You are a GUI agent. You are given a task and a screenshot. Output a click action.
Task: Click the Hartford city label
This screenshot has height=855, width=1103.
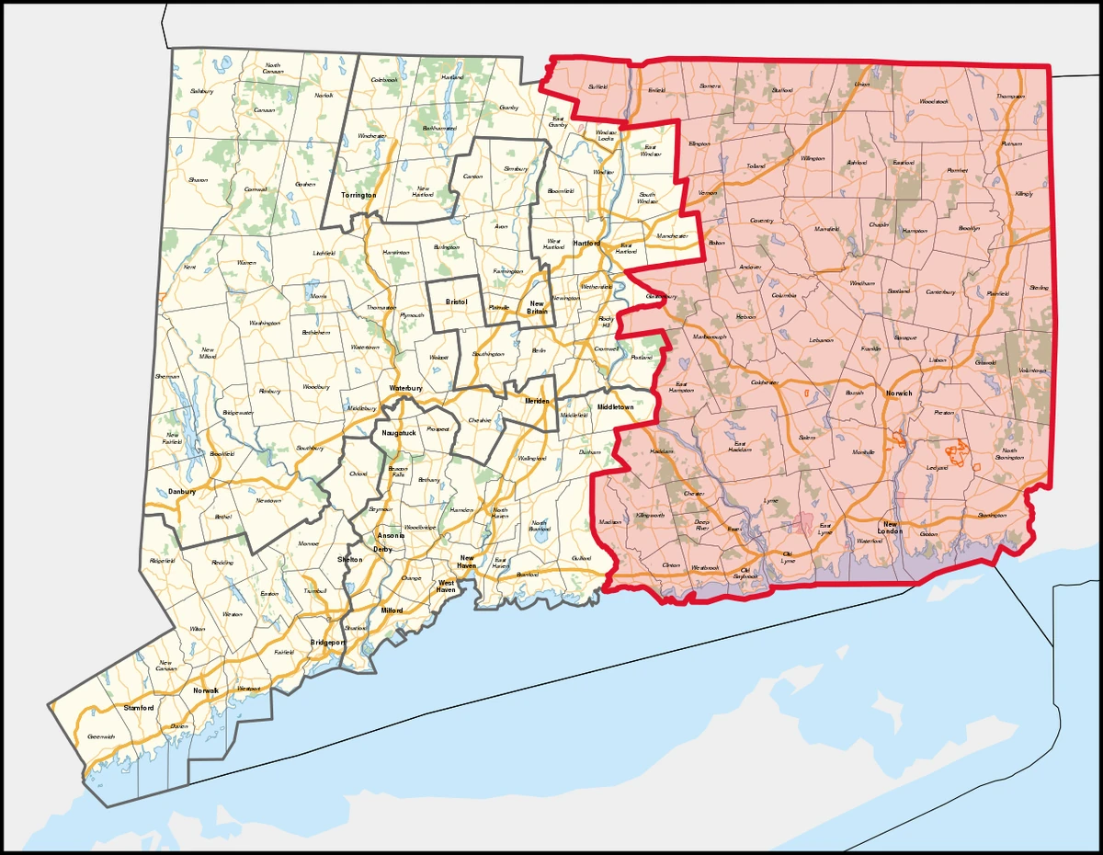(586, 244)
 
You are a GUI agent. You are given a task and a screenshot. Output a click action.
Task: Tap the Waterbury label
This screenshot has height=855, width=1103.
(404, 389)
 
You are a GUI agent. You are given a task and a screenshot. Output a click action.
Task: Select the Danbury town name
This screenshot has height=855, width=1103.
(183, 492)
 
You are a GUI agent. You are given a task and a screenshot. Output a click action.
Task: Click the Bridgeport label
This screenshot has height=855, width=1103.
(326, 643)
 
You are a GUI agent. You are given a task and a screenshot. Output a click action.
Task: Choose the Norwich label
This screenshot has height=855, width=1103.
(898, 393)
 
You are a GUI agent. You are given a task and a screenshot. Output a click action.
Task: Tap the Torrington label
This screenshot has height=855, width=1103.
(358, 196)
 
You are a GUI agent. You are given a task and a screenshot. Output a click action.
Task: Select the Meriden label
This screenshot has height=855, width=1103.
(538, 402)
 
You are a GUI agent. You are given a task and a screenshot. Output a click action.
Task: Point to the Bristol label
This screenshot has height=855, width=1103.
(457, 302)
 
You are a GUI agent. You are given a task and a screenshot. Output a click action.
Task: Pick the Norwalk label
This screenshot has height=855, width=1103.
(204, 690)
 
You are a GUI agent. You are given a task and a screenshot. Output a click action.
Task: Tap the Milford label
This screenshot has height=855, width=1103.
(392, 610)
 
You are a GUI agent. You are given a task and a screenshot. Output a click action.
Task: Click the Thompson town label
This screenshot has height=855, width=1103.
(1010, 97)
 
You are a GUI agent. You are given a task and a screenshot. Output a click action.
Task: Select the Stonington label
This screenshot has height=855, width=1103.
(992, 515)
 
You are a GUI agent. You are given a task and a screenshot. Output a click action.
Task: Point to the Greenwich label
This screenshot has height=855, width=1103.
(101, 736)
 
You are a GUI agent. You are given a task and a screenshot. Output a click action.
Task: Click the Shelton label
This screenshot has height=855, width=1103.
(350, 559)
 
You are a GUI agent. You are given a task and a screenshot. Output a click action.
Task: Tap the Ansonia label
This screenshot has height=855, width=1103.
(390, 536)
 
